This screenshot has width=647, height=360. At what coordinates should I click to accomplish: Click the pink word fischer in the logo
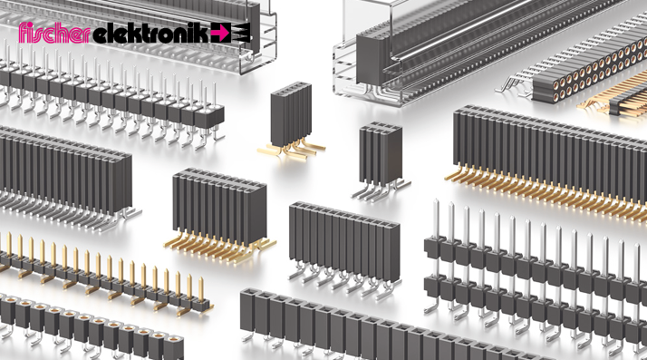54,33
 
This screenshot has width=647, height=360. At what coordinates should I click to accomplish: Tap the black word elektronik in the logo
151,33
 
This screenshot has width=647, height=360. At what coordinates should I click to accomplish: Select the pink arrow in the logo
221,33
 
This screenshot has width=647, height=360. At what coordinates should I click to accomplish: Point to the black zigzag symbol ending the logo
241,33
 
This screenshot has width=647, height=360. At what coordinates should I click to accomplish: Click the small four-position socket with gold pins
291,121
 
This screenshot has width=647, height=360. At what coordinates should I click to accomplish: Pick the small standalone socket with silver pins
381,161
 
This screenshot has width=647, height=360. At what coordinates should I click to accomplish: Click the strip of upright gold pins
103,275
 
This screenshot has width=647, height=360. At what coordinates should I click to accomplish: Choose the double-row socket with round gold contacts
590,73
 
